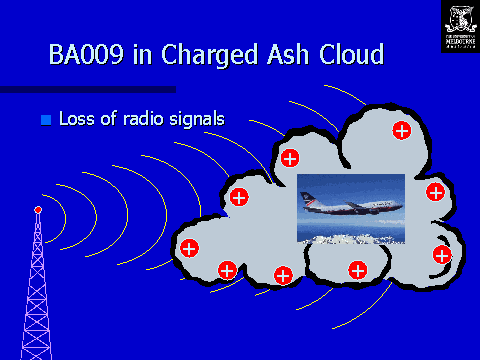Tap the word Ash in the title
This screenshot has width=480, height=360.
282,54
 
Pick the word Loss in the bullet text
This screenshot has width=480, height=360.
78,119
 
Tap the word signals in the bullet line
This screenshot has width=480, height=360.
200,119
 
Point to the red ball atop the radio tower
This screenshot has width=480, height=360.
38,209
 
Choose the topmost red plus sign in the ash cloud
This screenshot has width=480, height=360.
401,130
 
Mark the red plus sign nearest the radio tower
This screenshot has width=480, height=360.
188,247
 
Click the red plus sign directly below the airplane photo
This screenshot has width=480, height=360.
356,269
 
